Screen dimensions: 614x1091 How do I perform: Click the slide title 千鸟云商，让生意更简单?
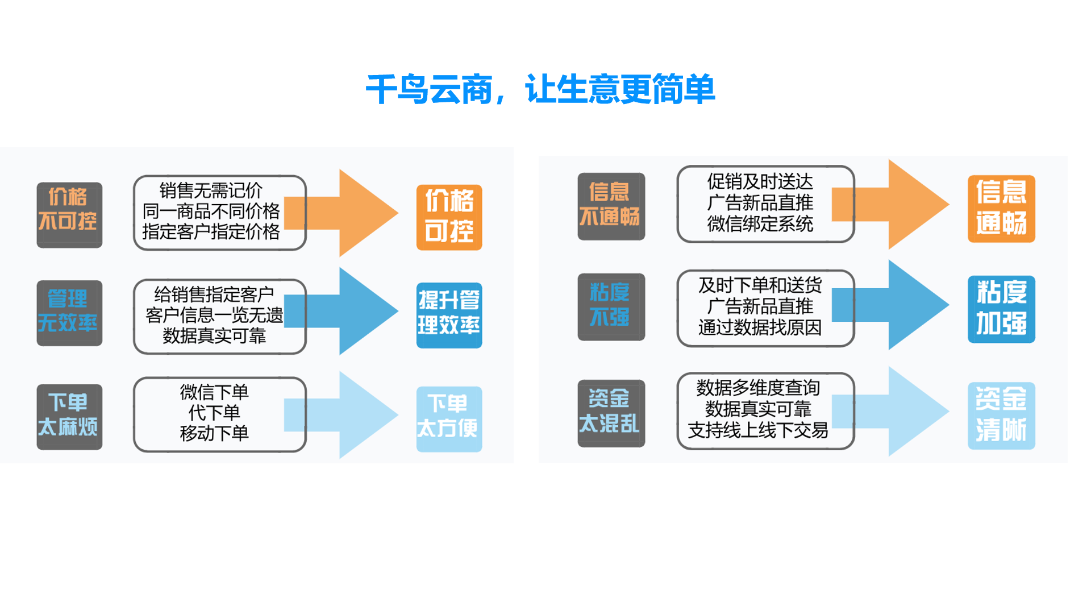540,90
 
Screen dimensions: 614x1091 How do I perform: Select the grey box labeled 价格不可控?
69,215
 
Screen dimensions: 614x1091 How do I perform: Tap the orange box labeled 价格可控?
449,217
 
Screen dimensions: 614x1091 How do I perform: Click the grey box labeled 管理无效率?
69,313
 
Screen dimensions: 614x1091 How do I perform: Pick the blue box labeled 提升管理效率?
449,315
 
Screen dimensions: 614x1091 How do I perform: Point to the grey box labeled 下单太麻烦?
69,417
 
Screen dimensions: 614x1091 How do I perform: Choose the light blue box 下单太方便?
449,419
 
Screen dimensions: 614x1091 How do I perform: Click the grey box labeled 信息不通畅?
611,206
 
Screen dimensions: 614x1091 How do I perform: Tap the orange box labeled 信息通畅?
1001,209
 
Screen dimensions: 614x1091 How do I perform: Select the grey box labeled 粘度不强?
611,307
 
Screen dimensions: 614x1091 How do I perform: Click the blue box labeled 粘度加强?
1001,309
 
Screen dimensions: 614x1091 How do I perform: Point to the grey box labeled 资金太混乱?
611,413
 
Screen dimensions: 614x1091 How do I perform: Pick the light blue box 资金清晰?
1001,416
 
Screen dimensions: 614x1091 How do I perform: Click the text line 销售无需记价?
211,190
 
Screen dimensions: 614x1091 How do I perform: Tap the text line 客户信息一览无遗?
214,315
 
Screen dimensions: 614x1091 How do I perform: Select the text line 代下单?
214,413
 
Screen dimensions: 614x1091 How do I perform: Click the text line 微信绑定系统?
760,224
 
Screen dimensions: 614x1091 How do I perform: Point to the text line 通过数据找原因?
760,327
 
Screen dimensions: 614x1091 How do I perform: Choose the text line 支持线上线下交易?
758,430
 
